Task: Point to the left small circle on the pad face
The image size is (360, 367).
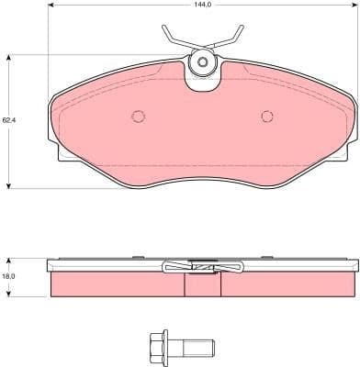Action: tap(139, 117)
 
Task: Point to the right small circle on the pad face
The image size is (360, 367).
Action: tap(267, 117)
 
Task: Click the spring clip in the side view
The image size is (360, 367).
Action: tap(202, 267)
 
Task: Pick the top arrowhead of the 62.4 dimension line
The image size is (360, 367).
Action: tap(10, 57)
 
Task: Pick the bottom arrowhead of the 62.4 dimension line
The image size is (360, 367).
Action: tap(10, 185)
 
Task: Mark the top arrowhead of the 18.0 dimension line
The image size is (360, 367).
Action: tap(10, 258)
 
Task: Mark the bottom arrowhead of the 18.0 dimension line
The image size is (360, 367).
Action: tap(10, 295)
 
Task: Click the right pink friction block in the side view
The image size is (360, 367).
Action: tap(285, 285)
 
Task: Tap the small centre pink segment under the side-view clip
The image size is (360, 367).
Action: tap(203, 285)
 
